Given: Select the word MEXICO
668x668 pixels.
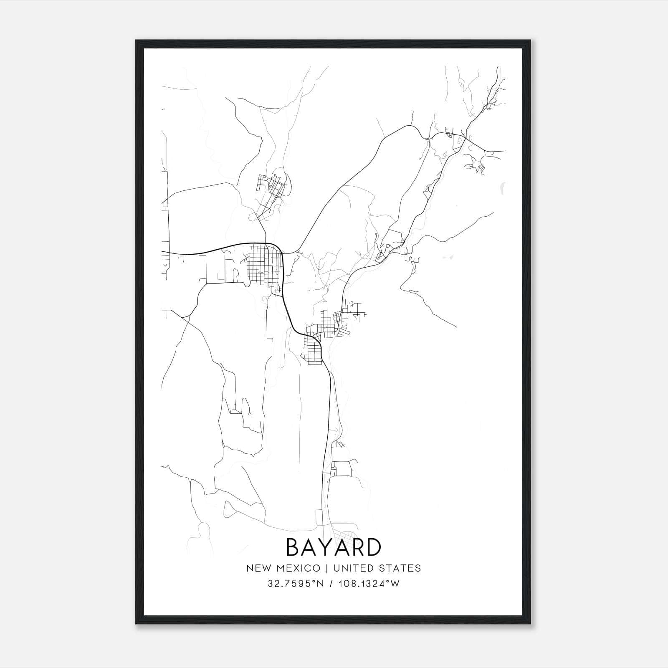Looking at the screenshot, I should tap(299, 568).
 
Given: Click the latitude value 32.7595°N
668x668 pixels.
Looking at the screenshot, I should tap(296, 584).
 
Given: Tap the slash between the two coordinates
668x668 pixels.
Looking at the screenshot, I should tap(331, 584).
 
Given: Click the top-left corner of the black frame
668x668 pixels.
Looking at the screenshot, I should tap(136, 40).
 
